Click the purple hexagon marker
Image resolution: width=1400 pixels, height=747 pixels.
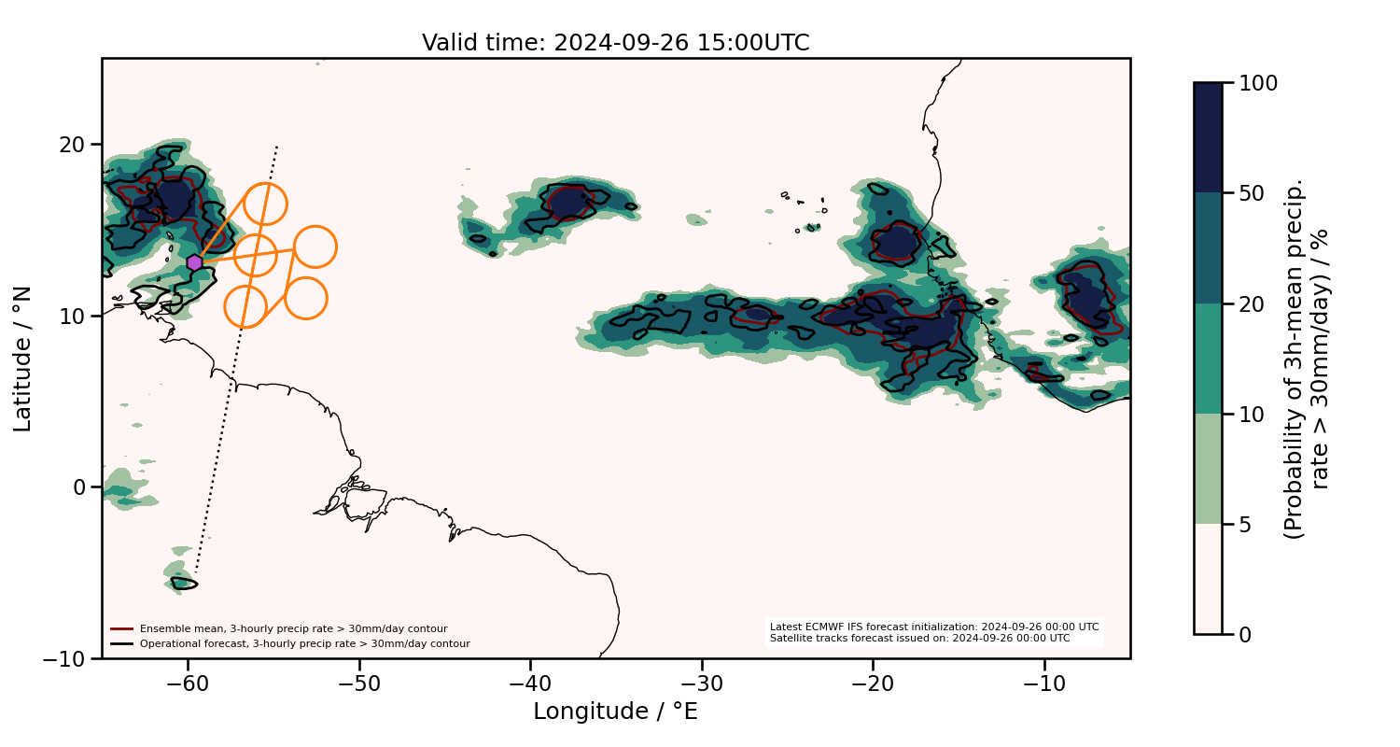(x=194, y=263)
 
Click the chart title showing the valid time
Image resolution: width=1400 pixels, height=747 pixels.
(x=615, y=43)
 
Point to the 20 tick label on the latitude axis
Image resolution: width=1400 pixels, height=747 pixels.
(x=73, y=145)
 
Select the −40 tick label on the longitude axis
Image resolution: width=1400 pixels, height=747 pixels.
(x=530, y=683)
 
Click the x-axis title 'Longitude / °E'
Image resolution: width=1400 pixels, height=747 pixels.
(x=615, y=712)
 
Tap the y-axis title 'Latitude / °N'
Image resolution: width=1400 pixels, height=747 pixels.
(x=23, y=359)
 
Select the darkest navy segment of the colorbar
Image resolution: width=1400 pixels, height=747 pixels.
(x=1208, y=137)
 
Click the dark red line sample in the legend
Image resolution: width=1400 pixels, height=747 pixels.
(x=121, y=628)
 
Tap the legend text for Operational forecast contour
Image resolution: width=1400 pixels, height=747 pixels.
(x=304, y=643)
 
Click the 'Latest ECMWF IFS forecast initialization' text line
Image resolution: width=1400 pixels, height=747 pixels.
(x=933, y=627)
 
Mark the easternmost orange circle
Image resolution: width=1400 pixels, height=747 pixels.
(x=315, y=247)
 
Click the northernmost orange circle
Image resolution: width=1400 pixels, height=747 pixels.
(x=265, y=204)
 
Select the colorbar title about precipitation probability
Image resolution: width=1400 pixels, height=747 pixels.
(x=1307, y=359)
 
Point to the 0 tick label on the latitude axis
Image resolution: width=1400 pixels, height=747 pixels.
(x=80, y=487)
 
